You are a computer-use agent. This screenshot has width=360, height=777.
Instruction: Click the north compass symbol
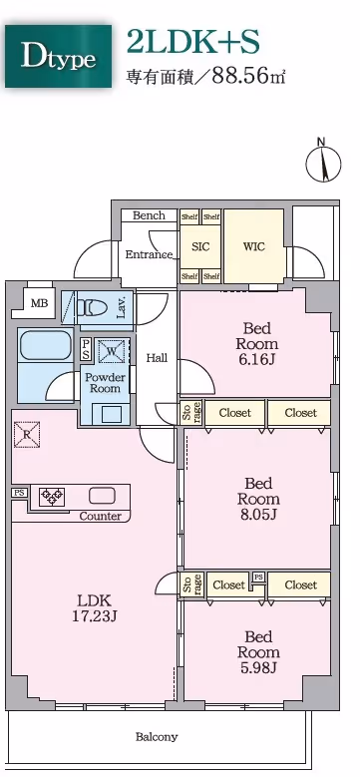[x=323, y=163]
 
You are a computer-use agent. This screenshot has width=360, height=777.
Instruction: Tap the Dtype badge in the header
[x=59, y=57]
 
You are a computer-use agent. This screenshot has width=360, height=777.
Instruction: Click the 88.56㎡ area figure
[x=248, y=76]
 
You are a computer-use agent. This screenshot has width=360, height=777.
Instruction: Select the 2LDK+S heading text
[x=192, y=42]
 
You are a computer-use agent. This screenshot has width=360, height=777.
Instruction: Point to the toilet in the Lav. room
[x=93, y=308]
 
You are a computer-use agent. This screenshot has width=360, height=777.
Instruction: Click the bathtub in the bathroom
[x=45, y=345]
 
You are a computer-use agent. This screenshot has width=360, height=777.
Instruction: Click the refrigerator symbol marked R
[x=26, y=433]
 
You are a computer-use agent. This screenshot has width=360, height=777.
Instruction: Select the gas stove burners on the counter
[x=52, y=496]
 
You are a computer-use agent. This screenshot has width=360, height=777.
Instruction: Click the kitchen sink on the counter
[x=102, y=495]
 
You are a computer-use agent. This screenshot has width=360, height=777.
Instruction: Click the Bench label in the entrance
[x=149, y=215]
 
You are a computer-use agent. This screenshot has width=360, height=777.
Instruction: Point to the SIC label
[x=200, y=246]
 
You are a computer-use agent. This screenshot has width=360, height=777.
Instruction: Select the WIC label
[x=253, y=246]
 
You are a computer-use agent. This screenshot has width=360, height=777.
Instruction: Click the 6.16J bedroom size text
[x=257, y=359]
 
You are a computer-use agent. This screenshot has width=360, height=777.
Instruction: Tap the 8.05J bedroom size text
[x=258, y=514]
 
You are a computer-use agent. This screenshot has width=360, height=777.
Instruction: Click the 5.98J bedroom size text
[x=258, y=667]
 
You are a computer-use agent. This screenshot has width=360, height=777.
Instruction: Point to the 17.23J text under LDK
[x=94, y=616]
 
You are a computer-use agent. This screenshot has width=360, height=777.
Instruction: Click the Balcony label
[x=157, y=737]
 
